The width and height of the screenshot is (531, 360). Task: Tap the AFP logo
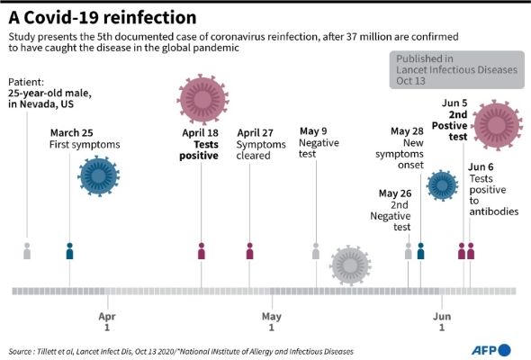tap(491, 349)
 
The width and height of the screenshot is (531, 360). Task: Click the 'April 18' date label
tap(200, 132)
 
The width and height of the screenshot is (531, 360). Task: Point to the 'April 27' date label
tap(256, 132)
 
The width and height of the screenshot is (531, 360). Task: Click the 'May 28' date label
tap(406, 131)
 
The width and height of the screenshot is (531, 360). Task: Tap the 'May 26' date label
tap(394, 193)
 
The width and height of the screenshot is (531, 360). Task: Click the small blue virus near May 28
tap(442, 184)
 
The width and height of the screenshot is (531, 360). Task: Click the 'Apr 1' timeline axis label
tap(107, 322)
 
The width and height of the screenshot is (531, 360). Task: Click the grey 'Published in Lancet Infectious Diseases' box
tap(454, 68)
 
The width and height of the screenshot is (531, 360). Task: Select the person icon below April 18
tap(202, 251)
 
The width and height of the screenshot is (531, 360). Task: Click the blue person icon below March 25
tap(70, 251)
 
